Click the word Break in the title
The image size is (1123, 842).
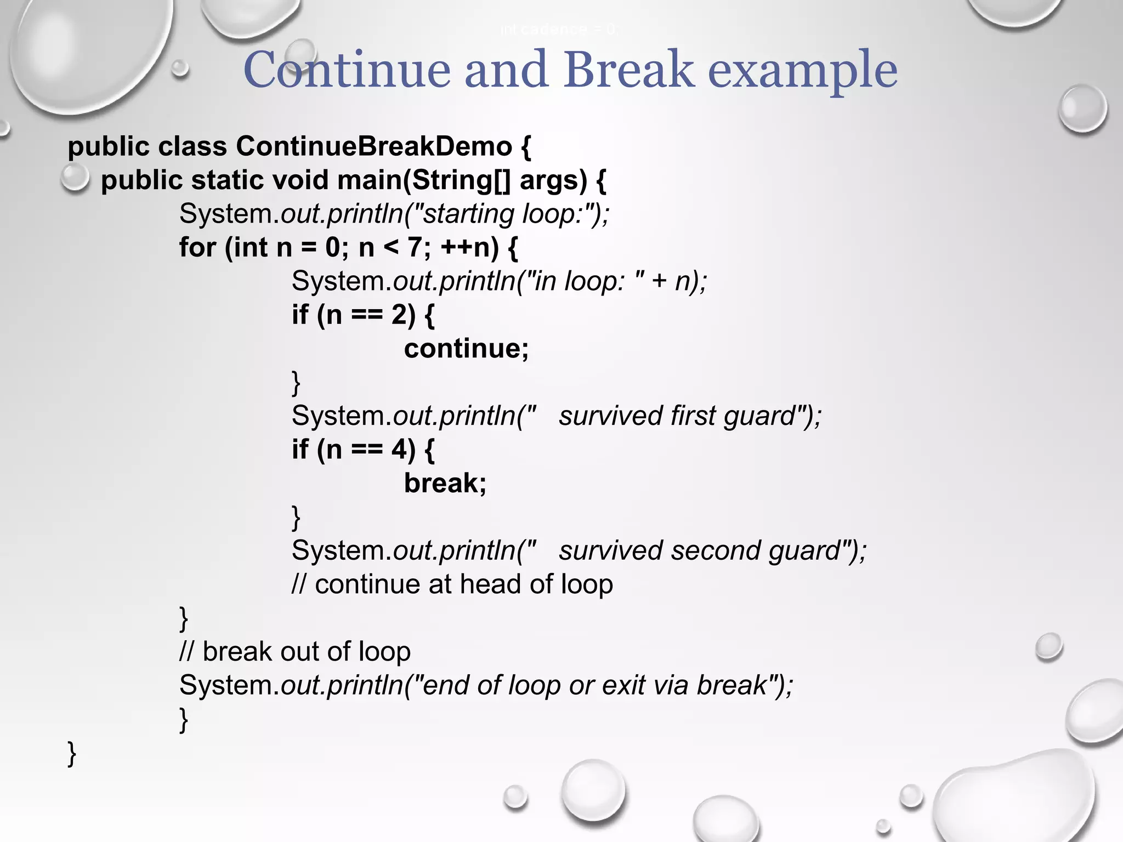pos(628,70)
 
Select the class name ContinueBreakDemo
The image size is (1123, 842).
pos(374,146)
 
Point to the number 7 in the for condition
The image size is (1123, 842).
pos(415,247)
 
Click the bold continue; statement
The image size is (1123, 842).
pos(467,349)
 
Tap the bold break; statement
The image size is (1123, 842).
pos(445,483)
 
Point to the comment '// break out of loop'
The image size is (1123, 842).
pos(295,652)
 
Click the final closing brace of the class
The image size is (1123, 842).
pos(72,753)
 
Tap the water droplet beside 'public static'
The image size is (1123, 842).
pos(75,178)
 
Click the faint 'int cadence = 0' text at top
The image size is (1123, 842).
pos(558,30)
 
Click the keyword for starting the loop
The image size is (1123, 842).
pos(197,247)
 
